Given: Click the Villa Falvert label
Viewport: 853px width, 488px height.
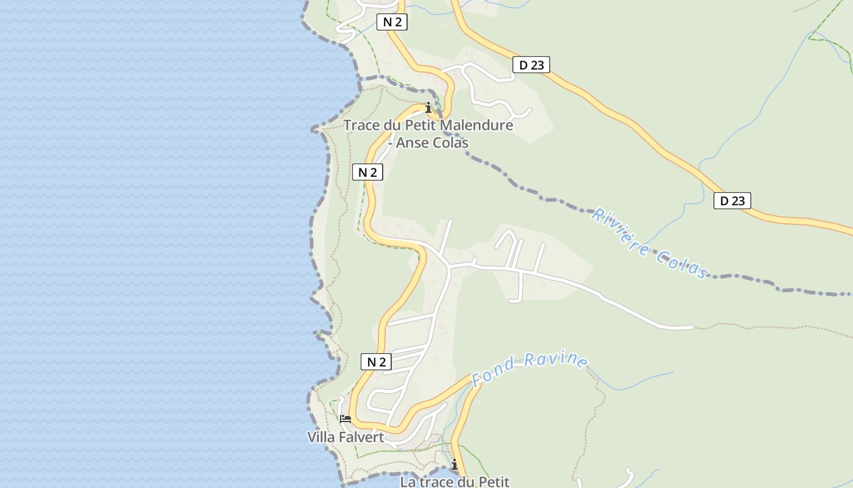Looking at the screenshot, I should (345, 437).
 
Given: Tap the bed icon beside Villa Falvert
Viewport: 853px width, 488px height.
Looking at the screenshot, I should (345, 419).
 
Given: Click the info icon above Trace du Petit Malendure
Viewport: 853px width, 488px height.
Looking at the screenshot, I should (428, 108).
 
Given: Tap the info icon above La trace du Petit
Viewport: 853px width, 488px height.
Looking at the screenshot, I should (454, 465).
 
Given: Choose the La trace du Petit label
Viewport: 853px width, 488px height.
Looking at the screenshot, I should (454, 482).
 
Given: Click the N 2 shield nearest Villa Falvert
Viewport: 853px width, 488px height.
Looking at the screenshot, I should (377, 362).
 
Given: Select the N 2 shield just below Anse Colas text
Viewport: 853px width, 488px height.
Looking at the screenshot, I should (367, 172).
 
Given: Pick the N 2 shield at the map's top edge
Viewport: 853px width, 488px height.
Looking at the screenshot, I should (392, 23).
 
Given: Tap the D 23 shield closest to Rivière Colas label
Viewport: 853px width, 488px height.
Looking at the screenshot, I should (732, 201).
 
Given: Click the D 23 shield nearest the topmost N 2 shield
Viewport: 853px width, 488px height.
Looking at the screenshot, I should (531, 65).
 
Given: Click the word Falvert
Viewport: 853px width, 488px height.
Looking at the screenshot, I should (364, 437).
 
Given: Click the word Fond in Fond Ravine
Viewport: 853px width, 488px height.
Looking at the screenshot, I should (494, 373).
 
